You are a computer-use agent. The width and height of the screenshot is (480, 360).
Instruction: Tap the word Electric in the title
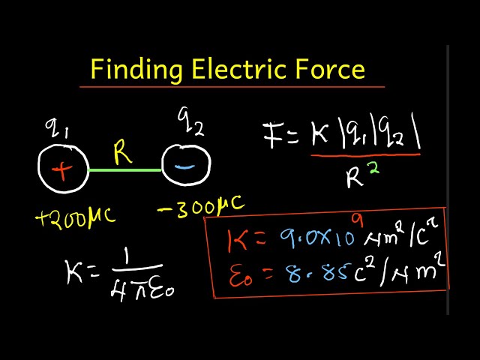pyautogui.click(x=241, y=70)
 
